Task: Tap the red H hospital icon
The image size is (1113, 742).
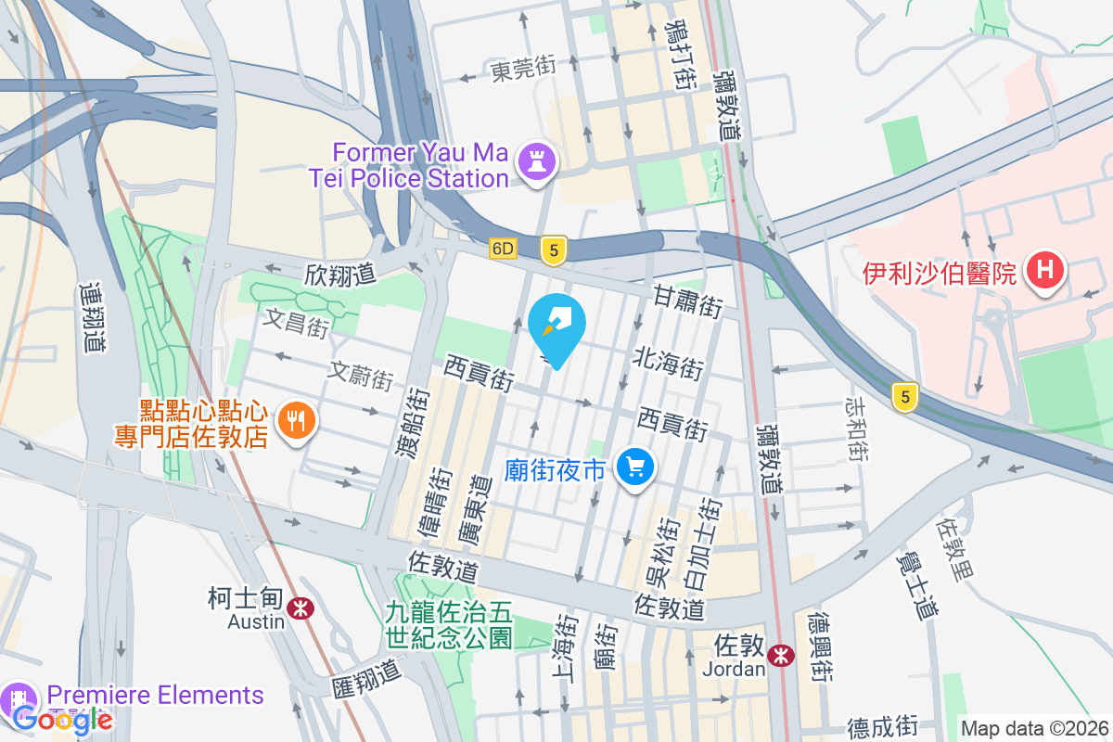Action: pos(1045,271)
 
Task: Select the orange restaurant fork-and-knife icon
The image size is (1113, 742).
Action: pos(296,421)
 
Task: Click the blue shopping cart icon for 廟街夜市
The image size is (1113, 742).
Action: pos(636,466)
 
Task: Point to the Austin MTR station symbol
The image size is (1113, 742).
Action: pos(300,608)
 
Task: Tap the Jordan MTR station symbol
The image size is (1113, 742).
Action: pos(782,656)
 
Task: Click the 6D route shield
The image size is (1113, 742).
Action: pos(503,249)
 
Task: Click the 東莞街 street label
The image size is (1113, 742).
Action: pos(523,68)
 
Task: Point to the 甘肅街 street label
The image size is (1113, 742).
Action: pos(687,300)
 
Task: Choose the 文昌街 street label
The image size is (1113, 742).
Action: pos(295,324)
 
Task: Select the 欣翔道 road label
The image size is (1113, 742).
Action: pos(339,274)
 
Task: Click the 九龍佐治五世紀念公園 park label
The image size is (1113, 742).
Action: pos(449,625)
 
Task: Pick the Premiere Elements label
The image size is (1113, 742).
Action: pos(155,695)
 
